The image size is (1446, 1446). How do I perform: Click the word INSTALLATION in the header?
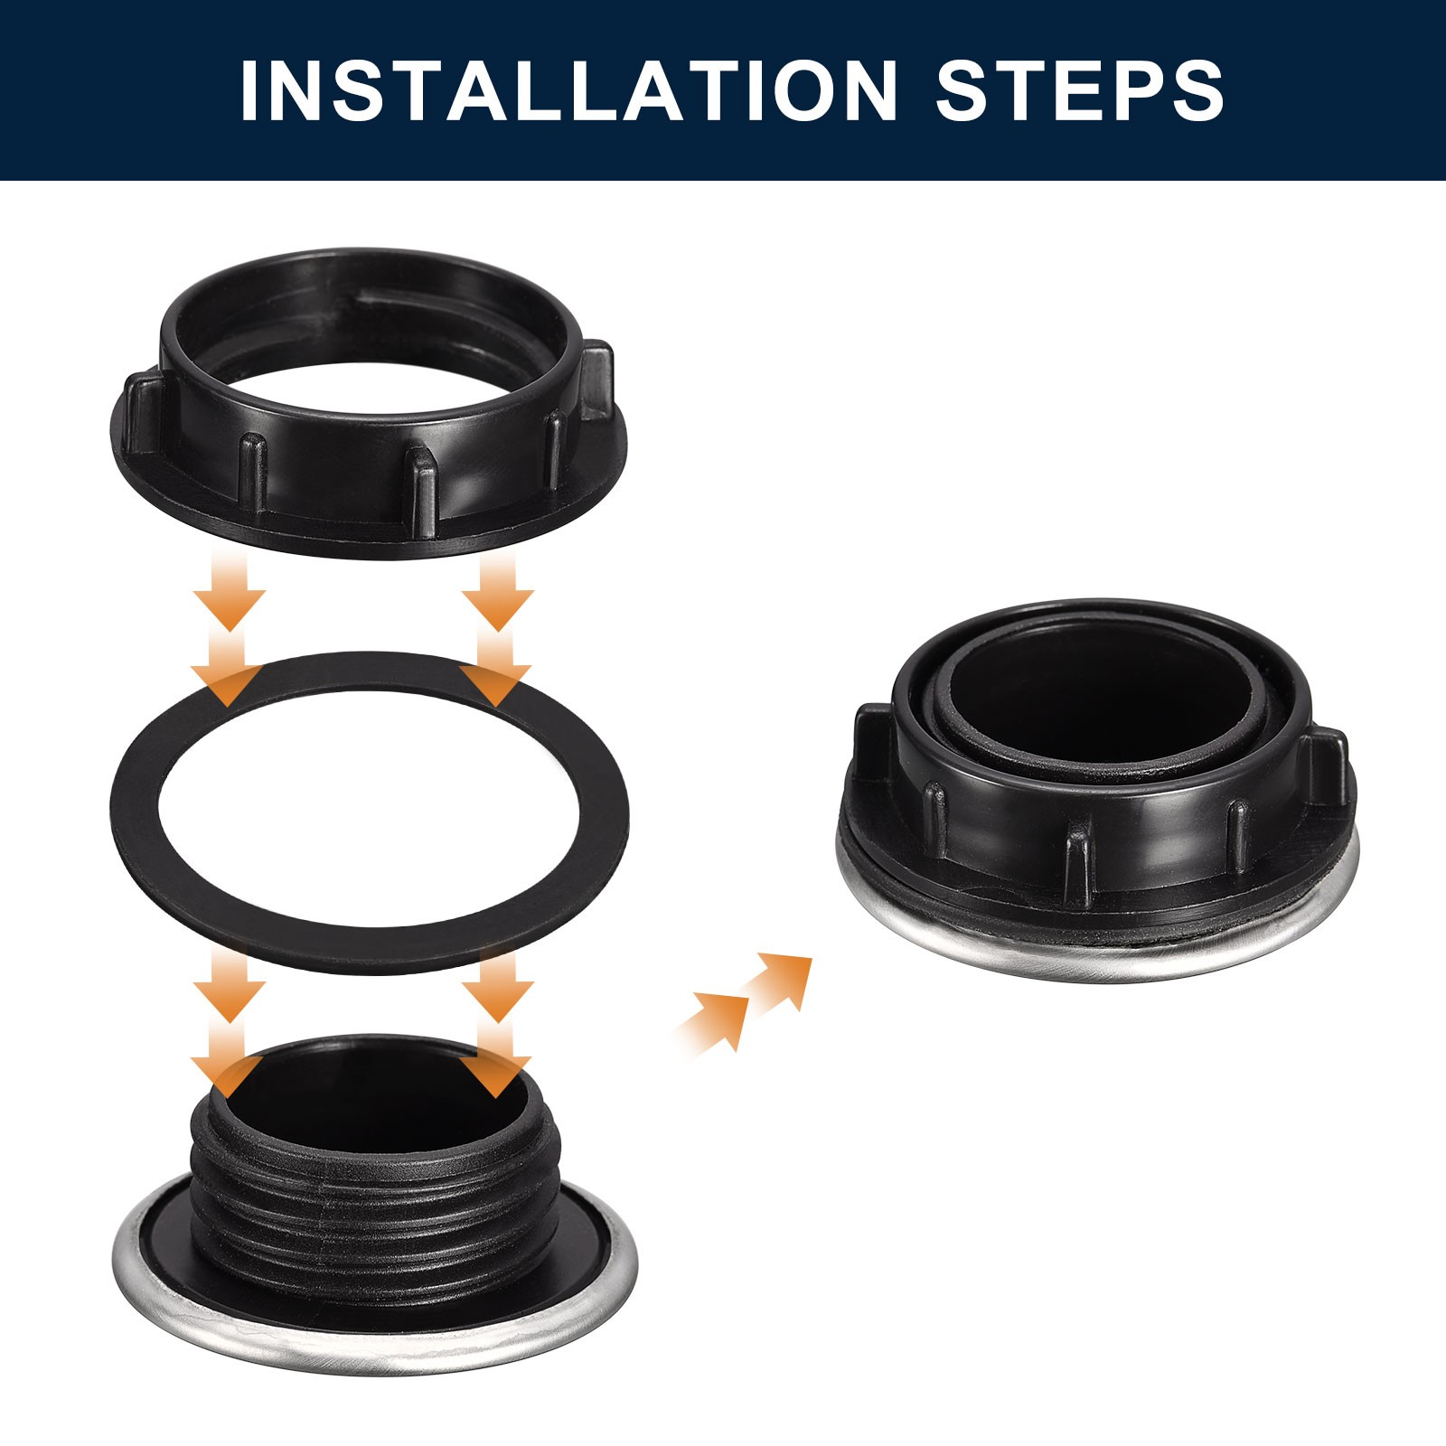[569, 90]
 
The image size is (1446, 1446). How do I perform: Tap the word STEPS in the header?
[1080, 90]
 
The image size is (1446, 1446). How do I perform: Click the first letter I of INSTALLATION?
[249, 90]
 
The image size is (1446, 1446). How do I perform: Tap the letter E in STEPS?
[1073, 90]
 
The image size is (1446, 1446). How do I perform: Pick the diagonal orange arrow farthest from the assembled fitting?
[714, 1021]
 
